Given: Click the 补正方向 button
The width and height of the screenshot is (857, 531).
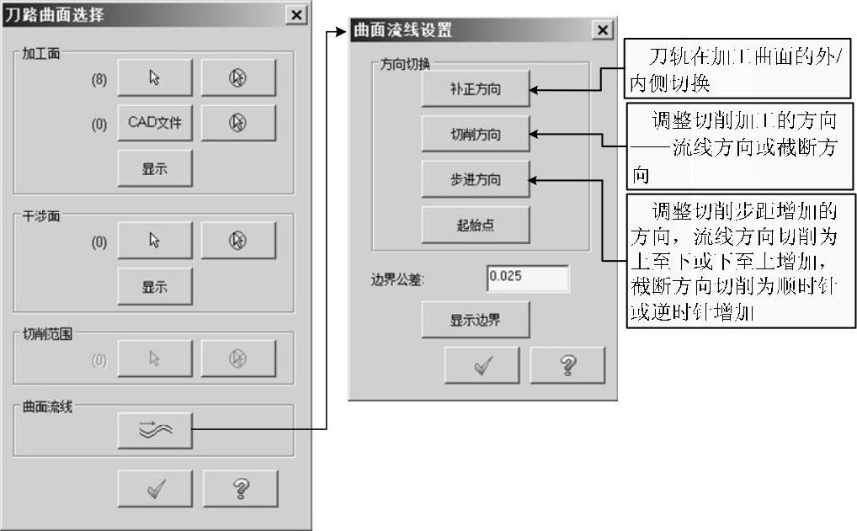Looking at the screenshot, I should tap(475, 89).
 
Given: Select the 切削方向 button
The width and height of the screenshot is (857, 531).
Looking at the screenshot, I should tap(475, 135).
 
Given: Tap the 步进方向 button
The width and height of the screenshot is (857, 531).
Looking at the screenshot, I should tap(475, 179).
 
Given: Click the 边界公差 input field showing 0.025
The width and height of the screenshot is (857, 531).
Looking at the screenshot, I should tap(527, 279).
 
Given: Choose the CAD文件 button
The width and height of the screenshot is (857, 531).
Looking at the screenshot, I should tap(154, 123).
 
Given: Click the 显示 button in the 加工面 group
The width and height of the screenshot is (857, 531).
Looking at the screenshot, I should tap(154, 168).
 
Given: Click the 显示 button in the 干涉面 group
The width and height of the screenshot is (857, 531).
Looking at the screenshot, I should tap(154, 286).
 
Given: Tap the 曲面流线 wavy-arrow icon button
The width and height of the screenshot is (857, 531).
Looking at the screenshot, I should tap(154, 431).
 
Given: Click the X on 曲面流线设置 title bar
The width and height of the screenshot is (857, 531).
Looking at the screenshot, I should tap(602, 30).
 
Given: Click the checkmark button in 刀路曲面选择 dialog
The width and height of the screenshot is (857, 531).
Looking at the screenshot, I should tap(154, 488).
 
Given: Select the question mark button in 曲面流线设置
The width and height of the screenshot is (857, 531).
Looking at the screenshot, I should tap(567, 364).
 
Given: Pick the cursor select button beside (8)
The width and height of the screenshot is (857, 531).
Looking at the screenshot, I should tap(154, 78).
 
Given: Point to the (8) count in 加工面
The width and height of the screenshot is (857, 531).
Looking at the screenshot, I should tap(99, 79).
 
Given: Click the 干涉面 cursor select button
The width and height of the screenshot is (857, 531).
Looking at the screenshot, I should tap(154, 241).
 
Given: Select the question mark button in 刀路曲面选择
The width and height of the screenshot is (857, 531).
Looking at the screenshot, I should tap(240, 488).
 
